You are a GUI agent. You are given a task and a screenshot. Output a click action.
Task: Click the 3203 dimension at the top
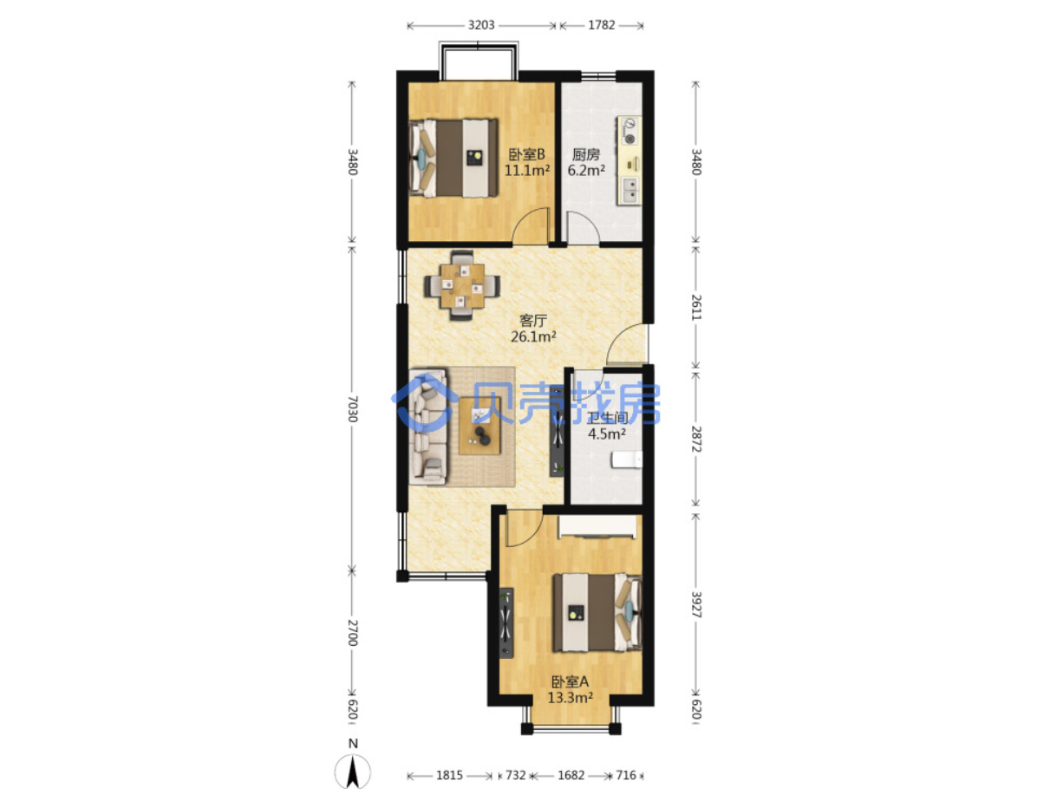(x=480, y=25)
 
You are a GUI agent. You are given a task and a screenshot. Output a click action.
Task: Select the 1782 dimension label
(x=601, y=25)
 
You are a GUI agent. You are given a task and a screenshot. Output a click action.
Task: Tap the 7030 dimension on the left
(x=352, y=409)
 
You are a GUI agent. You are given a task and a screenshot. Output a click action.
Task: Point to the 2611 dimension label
(x=696, y=308)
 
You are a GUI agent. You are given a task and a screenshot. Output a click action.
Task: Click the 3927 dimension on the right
(x=696, y=605)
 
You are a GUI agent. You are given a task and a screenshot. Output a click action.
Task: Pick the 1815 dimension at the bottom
(x=449, y=774)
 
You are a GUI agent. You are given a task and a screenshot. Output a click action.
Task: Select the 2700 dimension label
(x=352, y=633)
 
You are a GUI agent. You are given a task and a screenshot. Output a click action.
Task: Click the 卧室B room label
(x=526, y=154)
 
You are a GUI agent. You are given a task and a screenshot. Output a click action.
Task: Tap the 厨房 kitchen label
(x=586, y=154)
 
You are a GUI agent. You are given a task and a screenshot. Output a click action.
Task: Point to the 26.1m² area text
(x=533, y=336)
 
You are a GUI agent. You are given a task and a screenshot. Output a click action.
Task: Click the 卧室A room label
(x=570, y=681)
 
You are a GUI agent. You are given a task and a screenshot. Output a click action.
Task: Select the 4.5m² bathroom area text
(x=607, y=434)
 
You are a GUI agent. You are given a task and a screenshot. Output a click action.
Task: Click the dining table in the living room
(x=462, y=285)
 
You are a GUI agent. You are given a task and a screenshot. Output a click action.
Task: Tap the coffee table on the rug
(x=479, y=426)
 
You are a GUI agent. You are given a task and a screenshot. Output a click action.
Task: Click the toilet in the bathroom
(x=627, y=460)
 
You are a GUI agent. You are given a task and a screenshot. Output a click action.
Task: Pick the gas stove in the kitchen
(x=629, y=131)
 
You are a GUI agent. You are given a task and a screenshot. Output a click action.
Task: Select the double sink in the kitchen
(x=630, y=190)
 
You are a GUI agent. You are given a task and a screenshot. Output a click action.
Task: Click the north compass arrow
(x=353, y=771)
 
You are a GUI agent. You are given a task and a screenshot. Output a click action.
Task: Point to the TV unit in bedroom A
(x=506, y=623)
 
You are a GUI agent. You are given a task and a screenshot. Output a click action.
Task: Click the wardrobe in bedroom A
(x=598, y=527)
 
